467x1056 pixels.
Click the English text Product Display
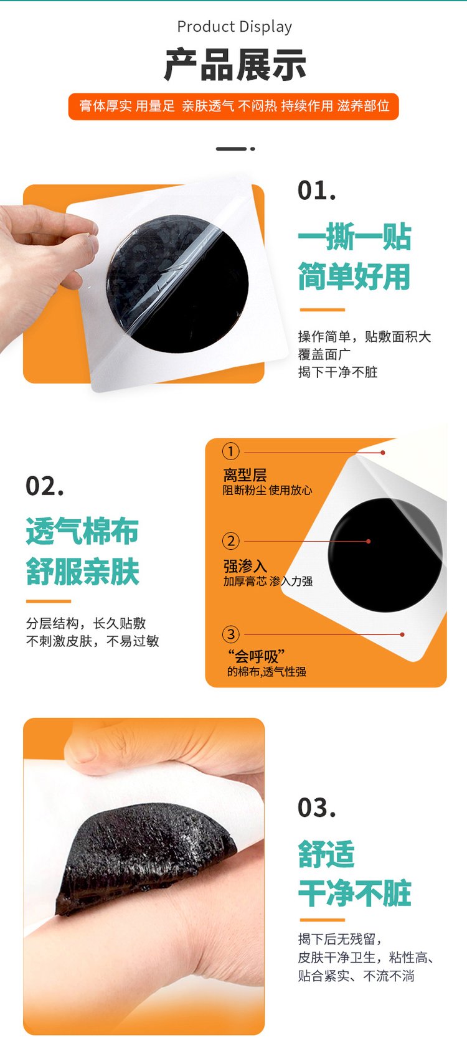click(x=234, y=27)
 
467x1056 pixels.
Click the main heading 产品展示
click(x=234, y=65)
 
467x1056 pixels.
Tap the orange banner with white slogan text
click(x=233, y=106)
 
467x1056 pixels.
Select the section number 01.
click(x=317, y=191)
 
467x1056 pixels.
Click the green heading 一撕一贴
click(x=354, y=237)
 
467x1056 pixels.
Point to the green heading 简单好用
click(x=354, y=276)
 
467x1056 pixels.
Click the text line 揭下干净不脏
click(x=338, y=372)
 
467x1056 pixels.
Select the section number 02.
click(x=45, y=486)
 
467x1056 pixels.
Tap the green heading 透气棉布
click(x=82, y=531)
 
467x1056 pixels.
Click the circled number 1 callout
click(x=231, y=451)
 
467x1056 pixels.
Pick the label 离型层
click(x=245, y=474)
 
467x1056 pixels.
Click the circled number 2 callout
click(x=231, y=540)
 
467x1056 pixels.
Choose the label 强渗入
click(x=245, y=565)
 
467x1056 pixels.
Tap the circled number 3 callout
click(x=231, y=634)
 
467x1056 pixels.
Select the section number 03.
click(x=317, y=808)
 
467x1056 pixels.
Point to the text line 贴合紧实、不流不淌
click(x=356, y=976)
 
